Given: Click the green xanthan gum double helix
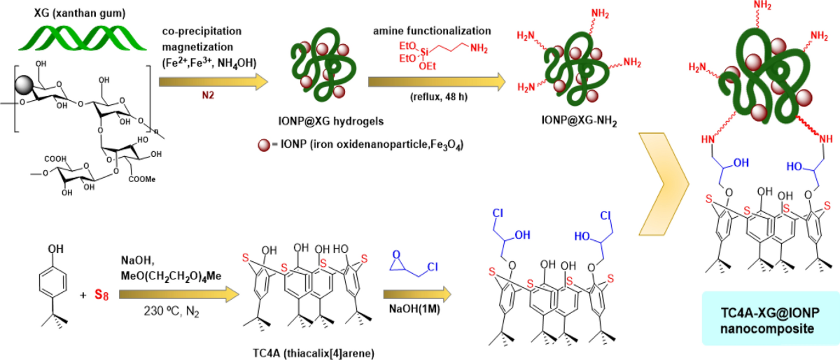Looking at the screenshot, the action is [83, 39].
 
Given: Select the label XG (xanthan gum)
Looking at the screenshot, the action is [80, 13].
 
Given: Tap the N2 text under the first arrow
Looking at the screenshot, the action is [208, 95].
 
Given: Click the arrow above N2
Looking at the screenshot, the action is [213, 82].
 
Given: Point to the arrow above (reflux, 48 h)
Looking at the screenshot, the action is [437, 82].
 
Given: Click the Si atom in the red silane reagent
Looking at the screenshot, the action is [424, 52].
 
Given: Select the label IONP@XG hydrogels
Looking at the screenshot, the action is [331, 121].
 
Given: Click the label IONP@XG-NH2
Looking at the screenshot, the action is [580, 120].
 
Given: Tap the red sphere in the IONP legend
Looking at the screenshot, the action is [264, 145].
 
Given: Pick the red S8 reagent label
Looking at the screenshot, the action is [101, 295].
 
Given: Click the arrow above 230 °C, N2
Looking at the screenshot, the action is [179, 294].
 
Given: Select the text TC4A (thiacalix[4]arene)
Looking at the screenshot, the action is [314, 353].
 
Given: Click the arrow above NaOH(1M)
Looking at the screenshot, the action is [417, 294].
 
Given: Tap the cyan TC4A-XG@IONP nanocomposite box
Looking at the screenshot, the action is [771, 319].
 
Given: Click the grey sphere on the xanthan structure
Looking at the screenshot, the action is [25, 85].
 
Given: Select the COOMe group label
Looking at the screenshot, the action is [141, 179].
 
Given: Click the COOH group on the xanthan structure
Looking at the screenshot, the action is [55, 159].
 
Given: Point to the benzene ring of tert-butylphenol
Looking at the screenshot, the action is [53, 282].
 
